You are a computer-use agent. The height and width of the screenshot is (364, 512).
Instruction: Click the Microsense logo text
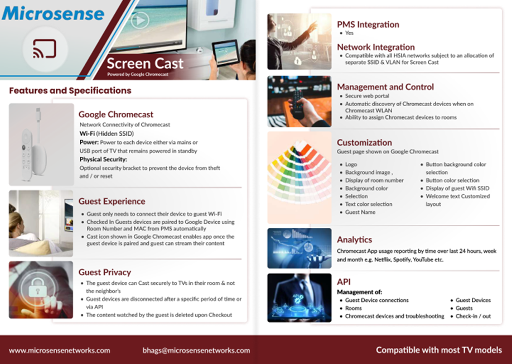(x=53, y=13)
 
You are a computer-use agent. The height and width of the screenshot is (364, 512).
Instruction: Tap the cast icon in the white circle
(x=45, y=49)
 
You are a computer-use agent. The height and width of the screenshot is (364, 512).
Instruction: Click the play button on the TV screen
(x=140, y=20)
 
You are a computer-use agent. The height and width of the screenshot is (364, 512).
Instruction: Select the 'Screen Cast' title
(x=145, y=64)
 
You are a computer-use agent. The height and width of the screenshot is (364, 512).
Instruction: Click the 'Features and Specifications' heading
(x=70, y=90)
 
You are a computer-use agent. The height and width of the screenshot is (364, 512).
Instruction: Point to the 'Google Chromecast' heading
(x=116, y=114)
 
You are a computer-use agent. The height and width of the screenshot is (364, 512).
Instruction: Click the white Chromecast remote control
(x=27, y=154)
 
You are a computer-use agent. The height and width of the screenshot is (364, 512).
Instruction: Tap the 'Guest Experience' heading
(x=112, y=202)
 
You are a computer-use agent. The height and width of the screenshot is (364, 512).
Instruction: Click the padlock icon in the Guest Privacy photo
(x=37, y=287)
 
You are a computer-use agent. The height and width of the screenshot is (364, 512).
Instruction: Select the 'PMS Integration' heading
(x=368, y=25)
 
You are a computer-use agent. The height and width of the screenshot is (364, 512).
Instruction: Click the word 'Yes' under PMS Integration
(x=349, y=33)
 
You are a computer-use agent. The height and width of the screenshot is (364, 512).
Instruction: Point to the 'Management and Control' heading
(x=385, y=87)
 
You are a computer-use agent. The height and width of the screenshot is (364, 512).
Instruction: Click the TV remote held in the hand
(x=298, y=104)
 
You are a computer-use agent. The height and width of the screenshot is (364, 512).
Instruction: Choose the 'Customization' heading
(x=364, y=142)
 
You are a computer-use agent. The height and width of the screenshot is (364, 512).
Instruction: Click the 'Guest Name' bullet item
(x=360, y=212)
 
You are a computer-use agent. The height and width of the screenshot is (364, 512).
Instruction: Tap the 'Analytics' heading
(x=355, y=240)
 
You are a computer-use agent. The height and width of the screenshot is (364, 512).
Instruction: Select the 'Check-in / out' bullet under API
(x=473, y=316)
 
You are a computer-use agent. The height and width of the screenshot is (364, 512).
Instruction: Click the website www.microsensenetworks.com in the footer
(x=60, y=350)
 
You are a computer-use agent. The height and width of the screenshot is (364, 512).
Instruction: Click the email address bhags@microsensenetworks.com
(x=196, y=350)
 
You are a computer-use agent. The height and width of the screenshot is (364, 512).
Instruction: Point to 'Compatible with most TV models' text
(x=439, y=350)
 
